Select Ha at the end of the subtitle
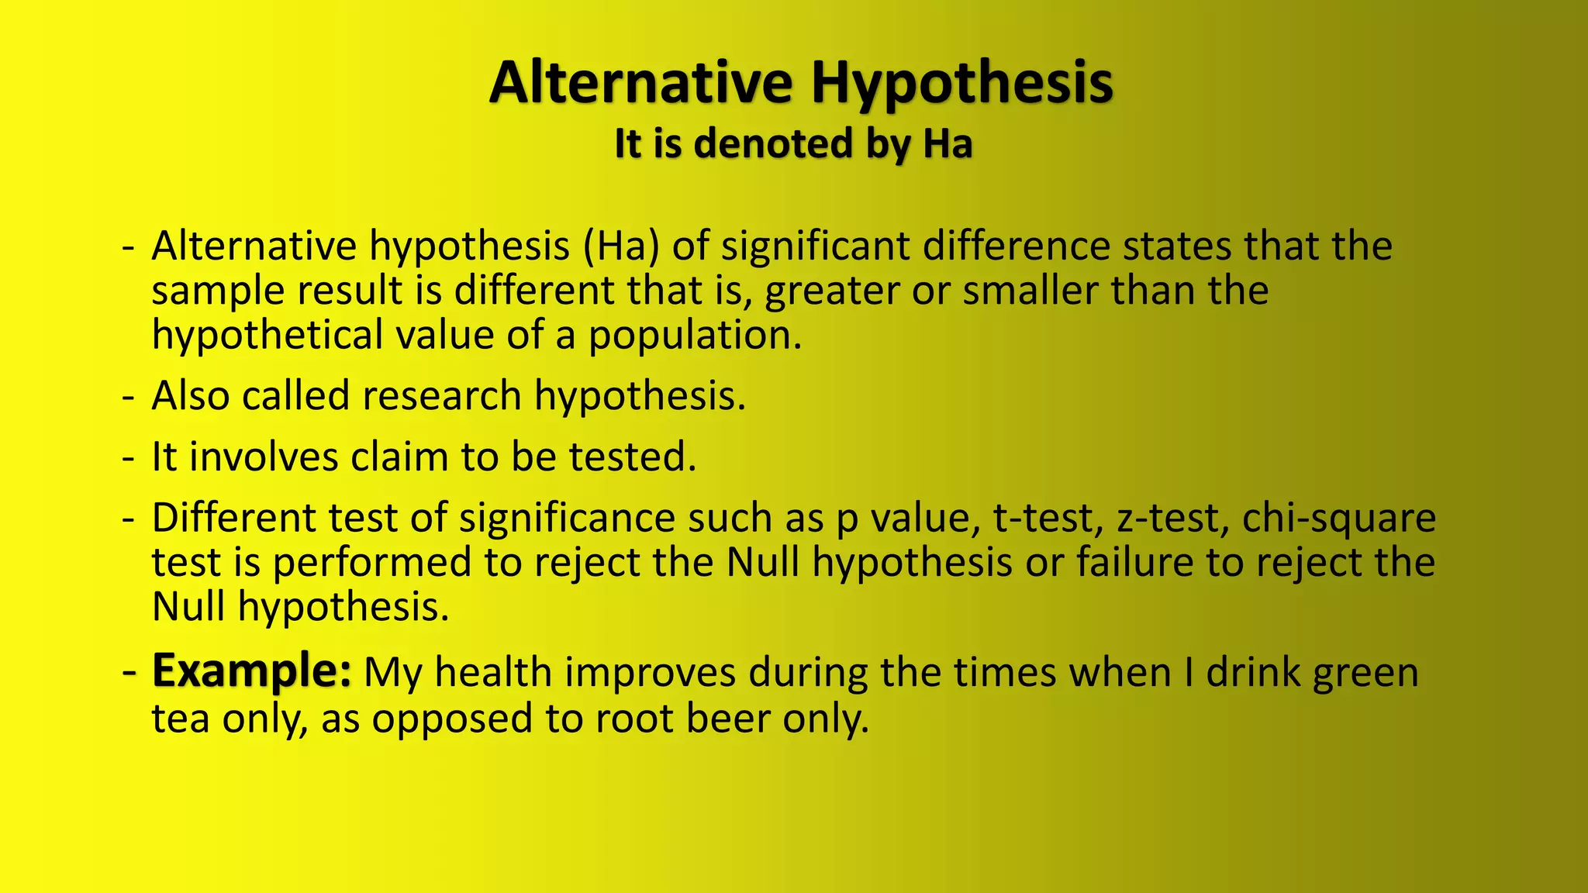click(947, 144)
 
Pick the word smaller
click(1030, 291)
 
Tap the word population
click(694, 336)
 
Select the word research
click(441, 395)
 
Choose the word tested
click(633, 457)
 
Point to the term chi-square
click(1338, 518)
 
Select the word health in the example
click(492, 672)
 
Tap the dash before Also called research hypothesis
click(129, 396)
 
